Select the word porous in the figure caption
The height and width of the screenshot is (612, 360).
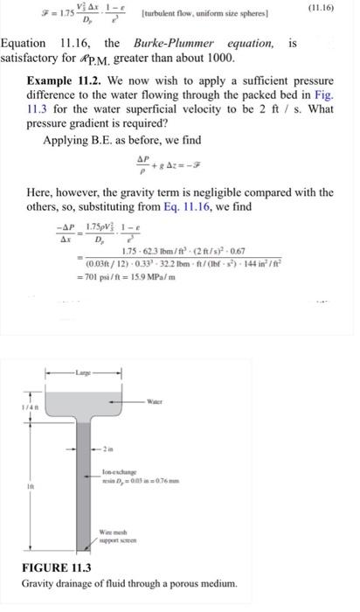pyautogui.click(x=183, y=582)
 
